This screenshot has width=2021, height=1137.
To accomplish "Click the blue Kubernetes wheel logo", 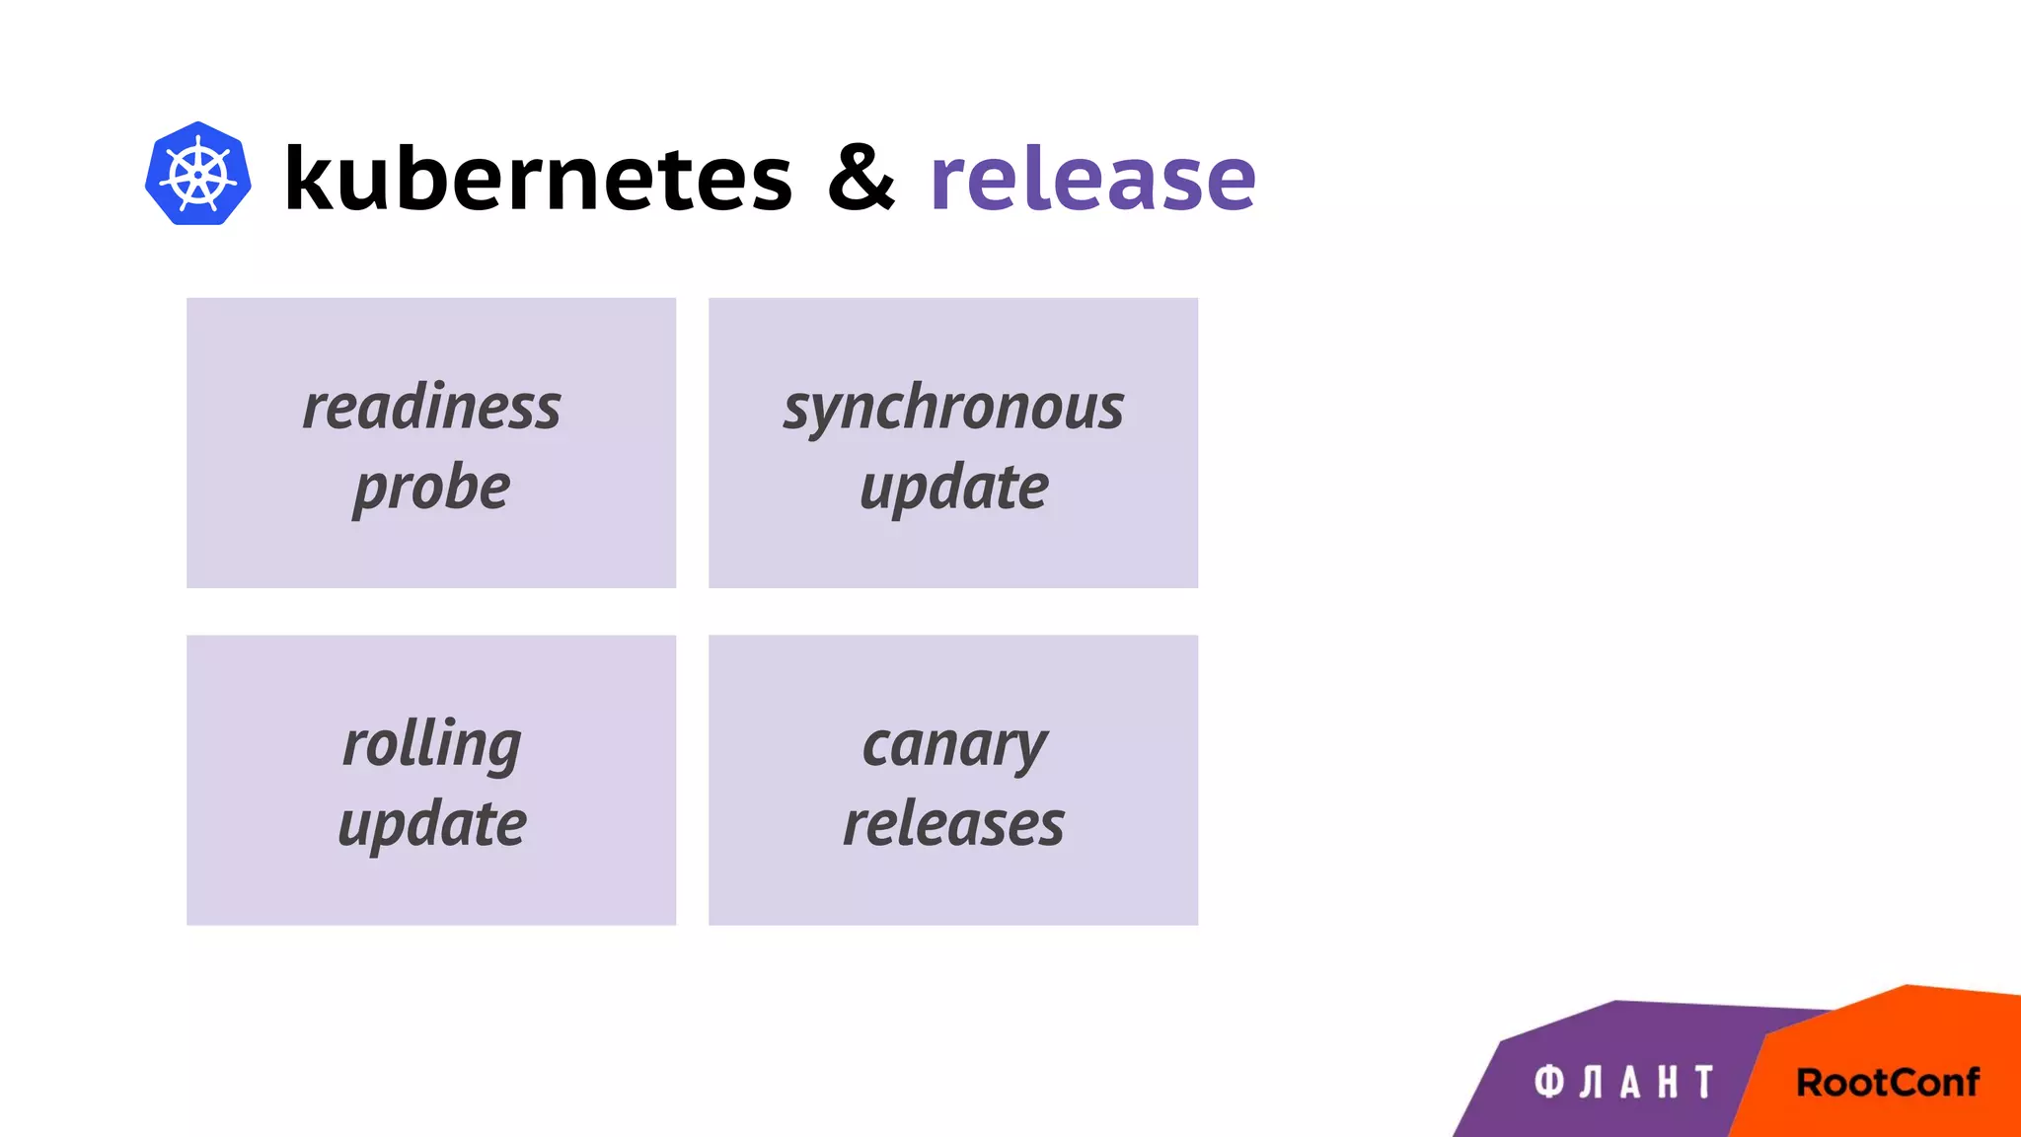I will (197, 174).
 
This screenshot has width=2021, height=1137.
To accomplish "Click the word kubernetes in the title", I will (538, 178).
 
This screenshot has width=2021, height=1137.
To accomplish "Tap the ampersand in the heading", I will (861, 177).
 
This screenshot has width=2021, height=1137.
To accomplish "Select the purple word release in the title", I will (1092, 178).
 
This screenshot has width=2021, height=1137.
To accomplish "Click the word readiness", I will (431, 407).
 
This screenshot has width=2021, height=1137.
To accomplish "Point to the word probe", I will (431, 487).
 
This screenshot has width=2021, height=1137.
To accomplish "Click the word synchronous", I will (953, 407).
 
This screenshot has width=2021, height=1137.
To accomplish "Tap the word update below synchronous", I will (953, 487).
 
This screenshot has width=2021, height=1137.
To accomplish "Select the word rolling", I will (431, 744).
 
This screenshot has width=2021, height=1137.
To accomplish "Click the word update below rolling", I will (431, 824).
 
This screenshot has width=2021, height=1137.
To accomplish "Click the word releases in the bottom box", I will (953, 824).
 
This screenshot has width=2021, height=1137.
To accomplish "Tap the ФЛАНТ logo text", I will (1624, 1082).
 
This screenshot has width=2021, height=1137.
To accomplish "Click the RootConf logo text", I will (1887, 1082).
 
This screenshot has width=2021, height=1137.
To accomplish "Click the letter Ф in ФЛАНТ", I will (1548, 1082).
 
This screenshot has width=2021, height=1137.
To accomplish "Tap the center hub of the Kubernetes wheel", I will (197, 176).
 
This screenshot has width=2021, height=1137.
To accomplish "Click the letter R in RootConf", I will (1812, 1082).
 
